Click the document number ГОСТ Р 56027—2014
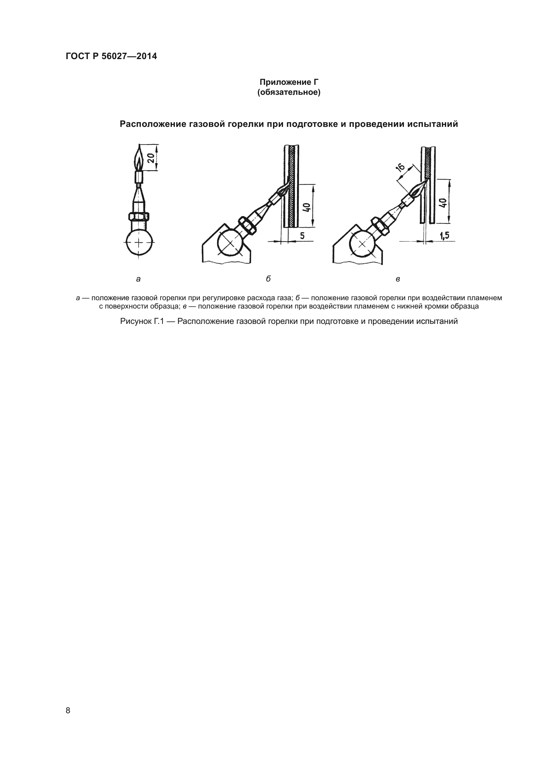[x=111, y=56]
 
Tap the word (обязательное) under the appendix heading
[x=289, y=92]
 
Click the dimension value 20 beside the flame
[x=151, y=158]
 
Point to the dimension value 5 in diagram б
[x=302, y=235]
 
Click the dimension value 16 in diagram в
[x=401, y=168]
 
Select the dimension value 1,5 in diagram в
[x=444, y=236]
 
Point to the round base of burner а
[x=139, y=242]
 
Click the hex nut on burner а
[x=139, y=216]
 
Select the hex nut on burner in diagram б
[x=248, y=225]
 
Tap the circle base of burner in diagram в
[x=362, y=244]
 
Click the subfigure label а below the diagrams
[x=139, y=279]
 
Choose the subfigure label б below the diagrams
[x=268, y=279]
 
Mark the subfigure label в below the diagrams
[x=398, y=279]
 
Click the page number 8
[x=68, y=710]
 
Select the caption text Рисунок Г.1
[x=142, y=321]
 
